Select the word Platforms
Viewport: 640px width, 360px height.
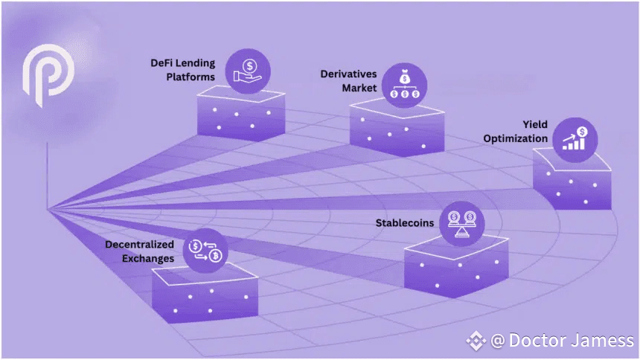tap(191, 77)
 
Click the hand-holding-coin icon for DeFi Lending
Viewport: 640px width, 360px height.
tap(247, 71)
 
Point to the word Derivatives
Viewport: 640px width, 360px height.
tap(348, 74)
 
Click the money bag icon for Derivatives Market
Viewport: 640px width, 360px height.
tap(405, 85)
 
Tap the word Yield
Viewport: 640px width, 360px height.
tap(535, 124)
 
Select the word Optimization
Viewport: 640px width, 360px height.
tap(516, 139)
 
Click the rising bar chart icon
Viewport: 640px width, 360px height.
tap(575, 138)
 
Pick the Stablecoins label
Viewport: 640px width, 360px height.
tap(405, 223)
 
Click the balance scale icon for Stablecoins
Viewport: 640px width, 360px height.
tap(461, 224)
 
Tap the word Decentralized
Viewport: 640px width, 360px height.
tap(140, 245)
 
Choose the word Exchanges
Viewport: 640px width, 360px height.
tap(148, 259)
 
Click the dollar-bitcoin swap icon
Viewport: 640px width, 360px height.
tap(205, 251)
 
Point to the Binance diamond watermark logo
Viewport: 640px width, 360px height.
tap(476, 341)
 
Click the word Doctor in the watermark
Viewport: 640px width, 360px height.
tap(538, 340)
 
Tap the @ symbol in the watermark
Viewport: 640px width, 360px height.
tap(498, 341)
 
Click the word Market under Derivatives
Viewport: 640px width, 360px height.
tap(359, 89)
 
